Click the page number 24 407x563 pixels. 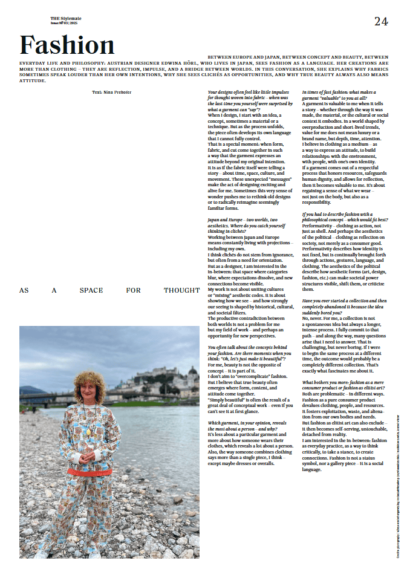(x=381, y=22)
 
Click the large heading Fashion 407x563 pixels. (x=67, y=45)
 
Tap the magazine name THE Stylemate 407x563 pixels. (x=66, y=19)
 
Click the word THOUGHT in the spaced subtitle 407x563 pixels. (x=181, y=290)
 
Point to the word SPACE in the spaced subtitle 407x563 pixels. (x=91, y=290)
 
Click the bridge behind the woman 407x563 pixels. (x=45, y=399)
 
